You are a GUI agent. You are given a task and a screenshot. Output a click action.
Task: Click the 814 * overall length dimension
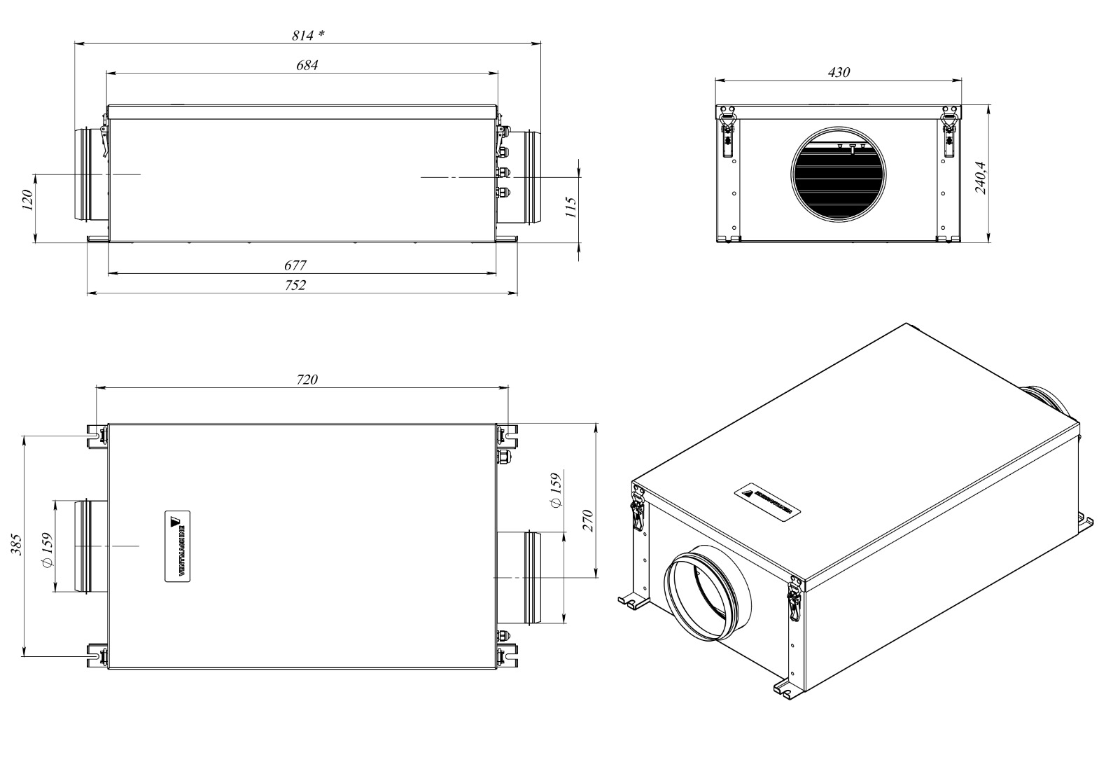(308, 35)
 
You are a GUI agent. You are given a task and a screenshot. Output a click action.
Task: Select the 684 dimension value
(307, 65)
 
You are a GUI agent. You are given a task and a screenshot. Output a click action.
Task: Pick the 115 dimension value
(570, 207)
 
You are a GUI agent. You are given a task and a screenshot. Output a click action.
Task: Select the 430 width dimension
(838, 72)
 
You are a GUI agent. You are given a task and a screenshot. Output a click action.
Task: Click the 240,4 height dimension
(980, 177)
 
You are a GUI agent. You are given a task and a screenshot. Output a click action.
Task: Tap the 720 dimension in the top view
(307, 380)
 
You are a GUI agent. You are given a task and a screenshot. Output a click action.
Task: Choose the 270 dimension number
(588, 521)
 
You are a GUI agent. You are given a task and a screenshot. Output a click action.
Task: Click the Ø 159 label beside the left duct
(47, 552)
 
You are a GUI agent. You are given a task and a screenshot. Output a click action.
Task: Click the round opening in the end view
(839, 172)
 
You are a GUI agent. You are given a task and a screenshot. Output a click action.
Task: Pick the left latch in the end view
(728, 130)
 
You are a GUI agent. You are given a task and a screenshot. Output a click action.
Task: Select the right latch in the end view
(949, 130)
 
